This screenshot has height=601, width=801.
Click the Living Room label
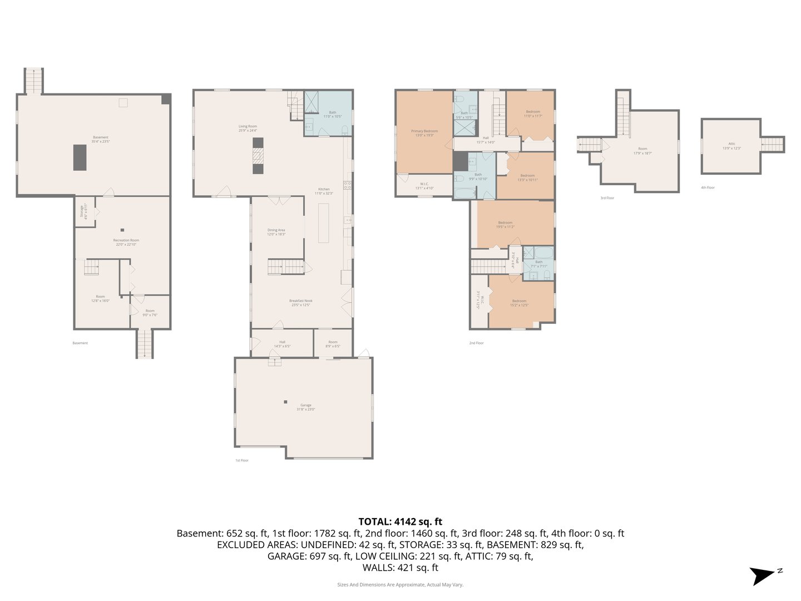click(x=248, y=128)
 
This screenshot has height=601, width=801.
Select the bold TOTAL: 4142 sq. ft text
click(x=400, y=521)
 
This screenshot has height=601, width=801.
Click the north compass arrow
click(x=762, y=575)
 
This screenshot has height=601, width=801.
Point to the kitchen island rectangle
click(x=323, y=223)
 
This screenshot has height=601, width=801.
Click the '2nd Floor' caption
click(x=476, y=343)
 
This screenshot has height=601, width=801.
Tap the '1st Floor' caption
click(x=241, y=460)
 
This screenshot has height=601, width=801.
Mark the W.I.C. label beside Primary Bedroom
click(x=424, y=186)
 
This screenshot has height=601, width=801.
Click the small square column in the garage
click(x=285, y=402)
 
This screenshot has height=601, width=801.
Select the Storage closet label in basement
click(x=83, y=211)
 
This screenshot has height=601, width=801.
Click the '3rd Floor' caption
click(x=607, y=198)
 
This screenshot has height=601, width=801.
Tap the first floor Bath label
click(x=332, y=114)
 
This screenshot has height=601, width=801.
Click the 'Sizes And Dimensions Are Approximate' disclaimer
click(x=400, y=585)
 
